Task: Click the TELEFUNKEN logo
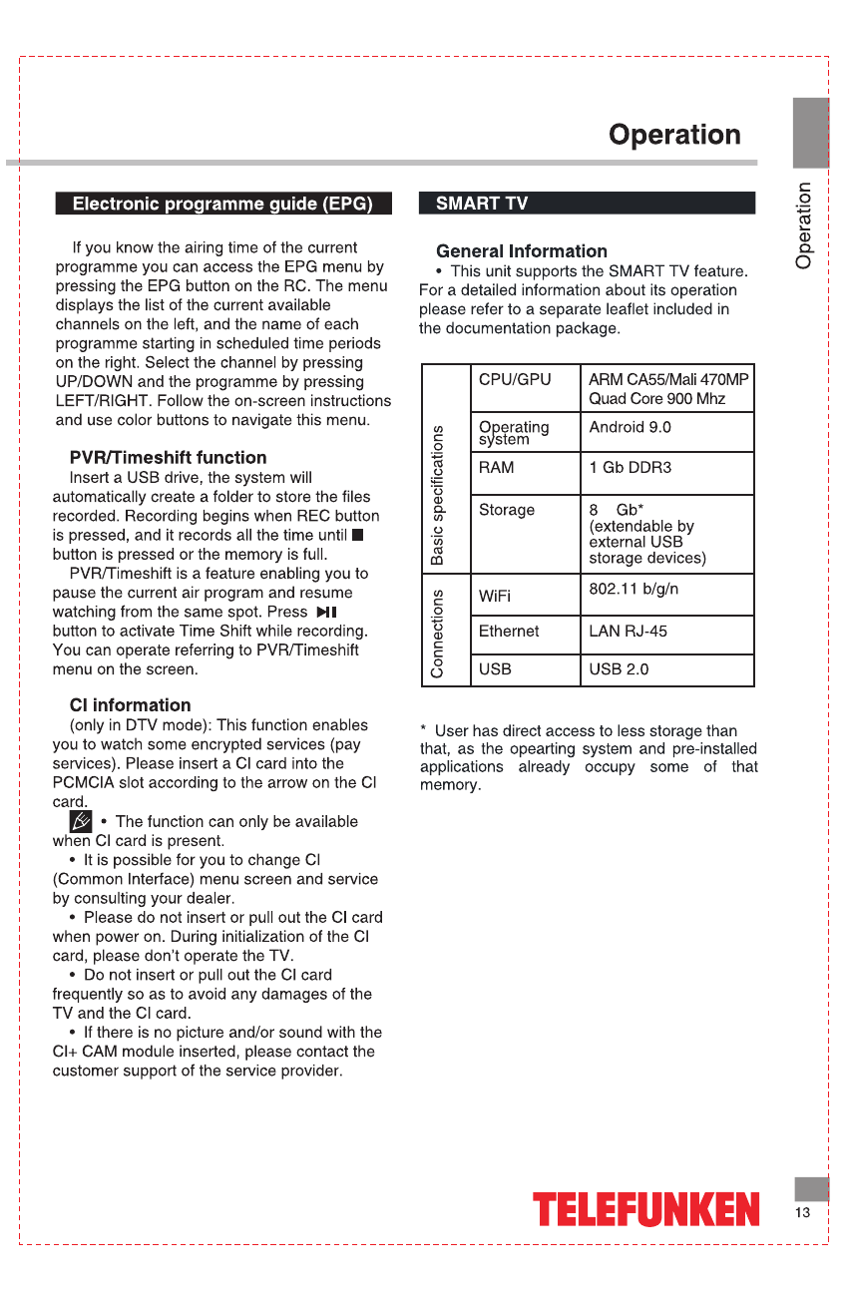pyautogui.click(x=645, y=1209)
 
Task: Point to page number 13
pyautogui.click(x=803, y=1212)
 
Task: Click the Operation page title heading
pyautogui.click(x=674, y=135)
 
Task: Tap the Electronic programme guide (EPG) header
pyautogui.click(x=223, y=204)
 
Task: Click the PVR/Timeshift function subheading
pyautogui.click(x=168, y=458)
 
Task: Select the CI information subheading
pyautogui.click(x=130, y=705)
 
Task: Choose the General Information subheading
pyautogui.click(x=522, y=251)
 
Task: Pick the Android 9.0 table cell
pyautogui.click(x=630, y=427)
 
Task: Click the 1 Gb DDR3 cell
pyautogui.click(x=630, y=467)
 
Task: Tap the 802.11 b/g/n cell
pyautogui.click(x=634, y=589)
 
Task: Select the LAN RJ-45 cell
pyautogui.click(x=628, y=632)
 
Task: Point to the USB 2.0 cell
pyautogui.click(x=619, y=669)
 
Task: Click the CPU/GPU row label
pyautogui.click(x=514, y=380)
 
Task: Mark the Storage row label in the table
pyautogui.click(x=507, y=510)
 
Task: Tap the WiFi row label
pyautogui.click(x=495, y=597)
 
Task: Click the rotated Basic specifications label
pyautogui.click(x=437, y=495)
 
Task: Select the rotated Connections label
pyautogui.click(x=437, y=633)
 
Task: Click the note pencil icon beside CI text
pyautogui.click(x=81, y=821)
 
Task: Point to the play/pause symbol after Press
pyautogui.click(x=326, y=612)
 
